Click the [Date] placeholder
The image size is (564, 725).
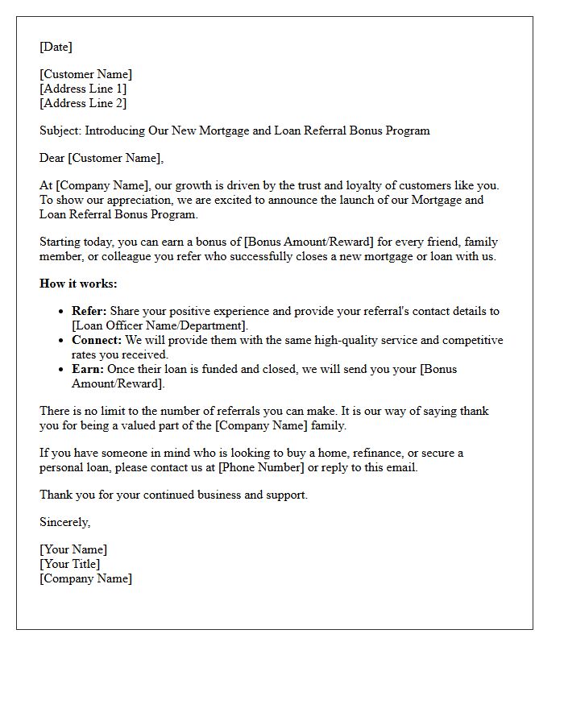pyautogui.click(x=56, y=47)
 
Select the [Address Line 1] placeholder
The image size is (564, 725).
pyautogui.click(x=83, y=89)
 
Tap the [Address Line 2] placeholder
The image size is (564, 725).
pyautogui.click(x=83, y=103)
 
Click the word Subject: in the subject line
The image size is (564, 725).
pyautogui.click(x=60, y=130)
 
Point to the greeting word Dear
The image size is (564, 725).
pyautogui.click(x=52, y=158)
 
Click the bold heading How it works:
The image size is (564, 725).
pyautogui.click(x=78, y=284)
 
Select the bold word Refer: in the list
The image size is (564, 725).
pyautogui.click(x=89, y=311)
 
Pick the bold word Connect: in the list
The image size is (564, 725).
pyautogui.click(x=97, y=340)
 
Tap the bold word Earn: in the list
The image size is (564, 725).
pyautogui.click(x=87, y=369)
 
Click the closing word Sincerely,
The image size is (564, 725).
pyautogui.click(x=64, y=522)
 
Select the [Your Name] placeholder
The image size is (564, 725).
pyautogui.click(x=73, y=549)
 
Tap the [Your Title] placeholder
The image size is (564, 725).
pyautogui.click(x=70, y=564)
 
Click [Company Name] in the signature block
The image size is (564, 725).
pyautogui.click(x=85, y=578)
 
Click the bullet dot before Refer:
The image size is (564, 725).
pyautogui.click(x=62, y=312)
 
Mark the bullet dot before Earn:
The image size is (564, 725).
pyautogui.click(x=62, y=370)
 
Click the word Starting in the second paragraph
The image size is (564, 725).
pyautogui.click(x=60, y=242)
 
